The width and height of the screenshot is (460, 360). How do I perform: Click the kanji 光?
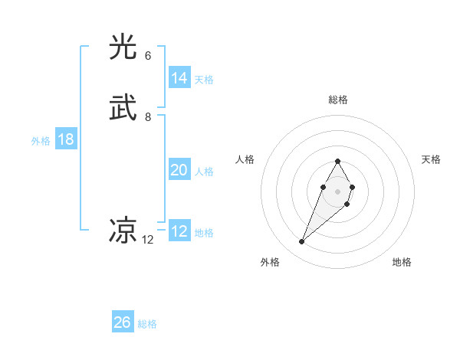[x=123, y=47]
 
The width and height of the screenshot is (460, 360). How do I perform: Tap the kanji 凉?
[x=123, y=231]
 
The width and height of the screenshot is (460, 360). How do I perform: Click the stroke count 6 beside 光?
[x=148, y=56]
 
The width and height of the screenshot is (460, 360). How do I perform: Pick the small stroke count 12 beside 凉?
[x=148, y=240]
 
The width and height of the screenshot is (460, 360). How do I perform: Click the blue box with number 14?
[x=179, y=78]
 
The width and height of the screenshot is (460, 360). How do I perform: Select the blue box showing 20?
[x=179, y=170]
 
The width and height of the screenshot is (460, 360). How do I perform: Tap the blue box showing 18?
[x=66, y=139]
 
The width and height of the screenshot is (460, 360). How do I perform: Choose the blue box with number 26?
[x=123, y=322]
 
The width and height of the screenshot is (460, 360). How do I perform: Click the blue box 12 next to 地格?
[x=179, y=231]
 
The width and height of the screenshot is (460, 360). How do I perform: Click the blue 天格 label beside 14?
[x=204, y=80]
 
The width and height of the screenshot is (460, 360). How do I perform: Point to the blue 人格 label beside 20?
[x=204, y=172]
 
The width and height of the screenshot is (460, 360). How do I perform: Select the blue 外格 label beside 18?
[x=41, y=141]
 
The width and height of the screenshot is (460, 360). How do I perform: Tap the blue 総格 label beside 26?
[x=147, y=324]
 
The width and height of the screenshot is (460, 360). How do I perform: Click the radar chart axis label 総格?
[x=338, y=100]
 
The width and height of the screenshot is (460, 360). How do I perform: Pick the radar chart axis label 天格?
[x=431, y=159]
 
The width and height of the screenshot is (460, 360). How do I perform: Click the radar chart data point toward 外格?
[x=302, y=241]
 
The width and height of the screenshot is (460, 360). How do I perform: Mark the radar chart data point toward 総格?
[x=337, y=161]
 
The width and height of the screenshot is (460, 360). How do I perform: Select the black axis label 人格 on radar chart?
[x=245, y=159]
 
